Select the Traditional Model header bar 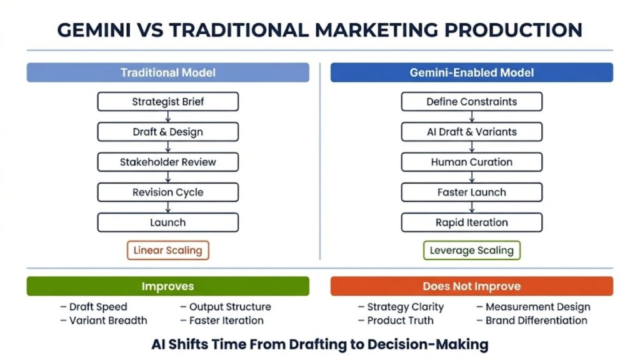coord(167,72)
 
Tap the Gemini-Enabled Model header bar coord(471,72)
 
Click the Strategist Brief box coord(167,102)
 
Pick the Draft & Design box coord(167,132)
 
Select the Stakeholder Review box coord(167,162)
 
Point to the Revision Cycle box coord(167,192)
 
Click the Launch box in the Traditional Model coord(167,222)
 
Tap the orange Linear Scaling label coord(167,251)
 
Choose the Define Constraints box coord(471,102)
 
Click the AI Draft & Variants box coord(471,132)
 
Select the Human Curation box coord(471,162)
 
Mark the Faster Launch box coord(471,192)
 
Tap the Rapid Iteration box coord(471,222)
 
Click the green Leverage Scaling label coord(471,251)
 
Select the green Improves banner coord(167,286)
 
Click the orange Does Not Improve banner coord(471,286)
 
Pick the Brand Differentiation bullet coord(532,321)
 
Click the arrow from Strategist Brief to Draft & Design coord(167,117)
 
